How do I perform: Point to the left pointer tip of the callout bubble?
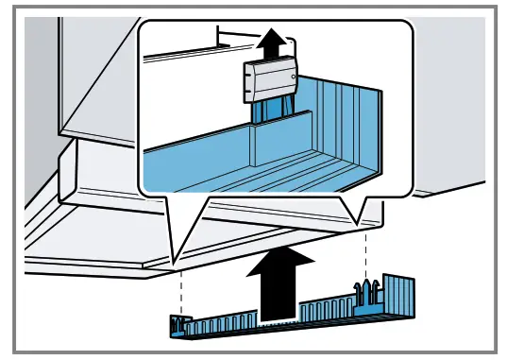click(x=174, y=261)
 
